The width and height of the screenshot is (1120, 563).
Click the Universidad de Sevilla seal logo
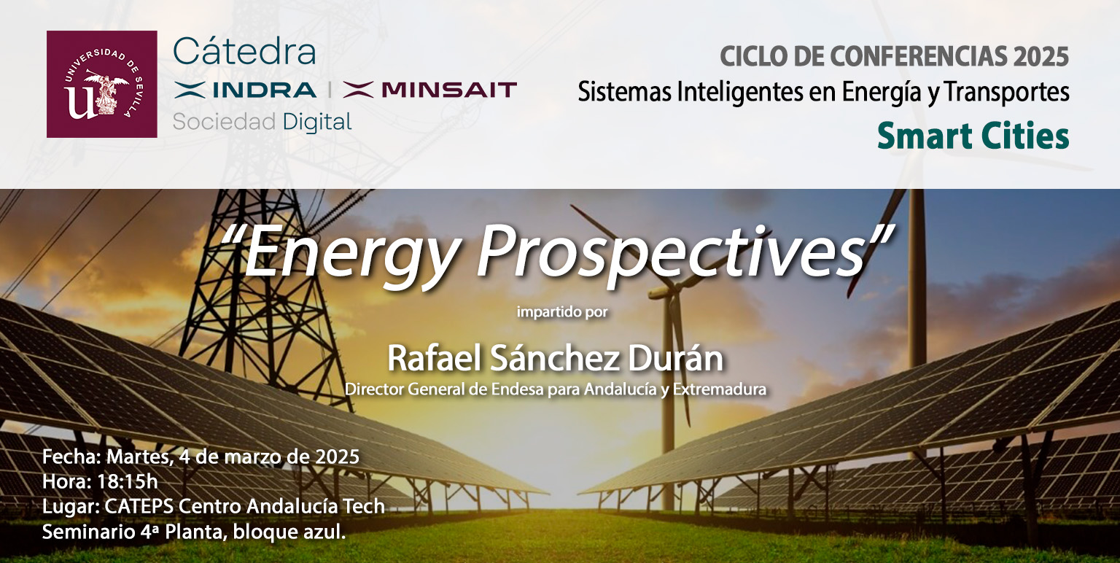(101, 84)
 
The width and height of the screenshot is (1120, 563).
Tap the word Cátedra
(244, 51)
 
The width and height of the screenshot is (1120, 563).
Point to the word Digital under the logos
(317, 123)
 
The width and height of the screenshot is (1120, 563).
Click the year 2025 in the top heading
(1041, 56)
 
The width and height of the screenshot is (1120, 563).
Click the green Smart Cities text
(973, 136)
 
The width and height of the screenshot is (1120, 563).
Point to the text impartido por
(562, 313)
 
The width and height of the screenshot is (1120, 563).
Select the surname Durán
(675, 359)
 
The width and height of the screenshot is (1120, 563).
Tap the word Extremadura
(720, 389)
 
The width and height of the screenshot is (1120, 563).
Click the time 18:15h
(128, 481)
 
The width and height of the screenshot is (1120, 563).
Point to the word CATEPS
(139, 507)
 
